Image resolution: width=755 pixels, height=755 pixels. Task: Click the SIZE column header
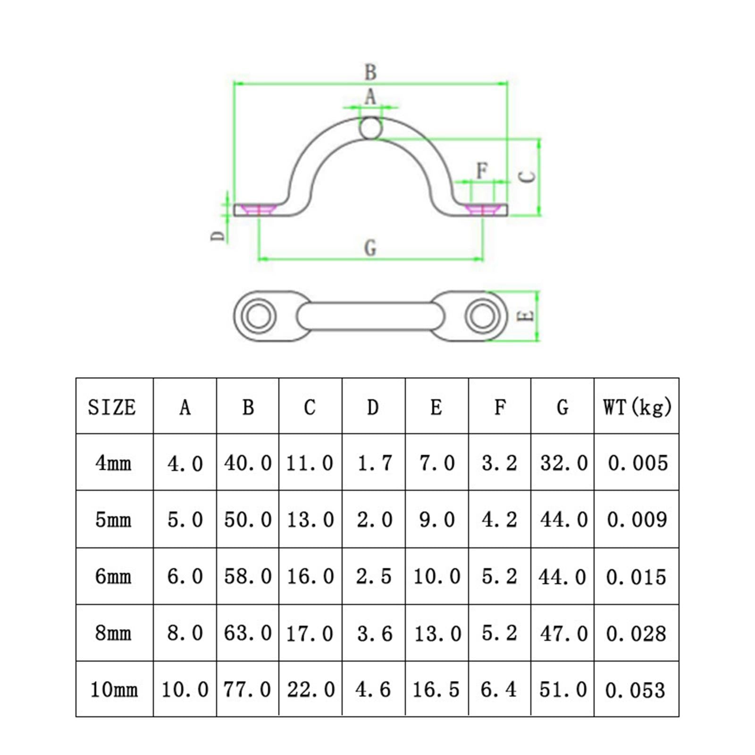(x=112, y=407)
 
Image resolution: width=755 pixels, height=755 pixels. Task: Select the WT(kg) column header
(x=637, y=407)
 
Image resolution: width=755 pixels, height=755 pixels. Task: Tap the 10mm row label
(x=114, y=689)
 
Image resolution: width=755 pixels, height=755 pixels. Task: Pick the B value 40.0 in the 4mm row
(x=248, y=463)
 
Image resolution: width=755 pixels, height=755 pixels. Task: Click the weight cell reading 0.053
(x=635, y=690)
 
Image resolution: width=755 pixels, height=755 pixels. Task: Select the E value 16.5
(x=436, y=689)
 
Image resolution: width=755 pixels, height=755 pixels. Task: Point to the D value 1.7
(x=374, y=463)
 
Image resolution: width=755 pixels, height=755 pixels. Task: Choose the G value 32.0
(x=563, y=463)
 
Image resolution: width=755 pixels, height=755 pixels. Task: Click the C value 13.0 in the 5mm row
(x=310, y=520)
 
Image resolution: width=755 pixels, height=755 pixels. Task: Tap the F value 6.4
(x=499, y=689)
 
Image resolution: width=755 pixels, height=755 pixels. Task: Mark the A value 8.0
(x=185, y=633)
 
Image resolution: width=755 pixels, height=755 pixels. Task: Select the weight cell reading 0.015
(x=636, y=577)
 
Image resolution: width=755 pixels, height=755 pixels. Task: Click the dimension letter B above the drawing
(x=370, y=73)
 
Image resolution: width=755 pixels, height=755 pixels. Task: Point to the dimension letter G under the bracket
(x=370, y=248)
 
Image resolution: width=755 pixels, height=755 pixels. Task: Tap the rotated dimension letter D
(x=218, y=235)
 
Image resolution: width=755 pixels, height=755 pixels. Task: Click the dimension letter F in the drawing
(x=481, y=170)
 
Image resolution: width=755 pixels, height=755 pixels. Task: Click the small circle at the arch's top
(x=370, y=128)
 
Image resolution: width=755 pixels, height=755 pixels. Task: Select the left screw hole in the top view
(x=259, y=315)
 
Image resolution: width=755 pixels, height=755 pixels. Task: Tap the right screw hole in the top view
(x=482, y=315)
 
